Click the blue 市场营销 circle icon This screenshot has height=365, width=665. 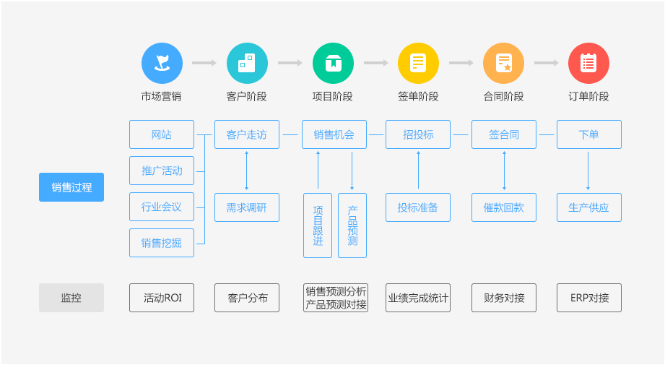pyautogui.click(x=162, y=63)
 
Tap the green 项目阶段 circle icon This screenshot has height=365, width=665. pyautogui.click(x=333, y=63)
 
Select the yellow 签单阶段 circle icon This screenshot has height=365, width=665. pyautogui.click(x=418, y=63)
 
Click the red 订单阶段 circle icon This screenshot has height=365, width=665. pyautogui.click(x=588, y=63)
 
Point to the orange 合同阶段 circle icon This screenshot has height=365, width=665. pyautogui.click(x=503, y=63)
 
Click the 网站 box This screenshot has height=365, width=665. pyautogui.click(x=162, y=134)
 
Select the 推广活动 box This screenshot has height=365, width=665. pyautogui.click(x=162, y=171)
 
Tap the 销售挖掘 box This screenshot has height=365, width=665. pyautogui.click(x=162, y=243)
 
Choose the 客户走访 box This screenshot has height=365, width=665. pyautogui.click(x=247, y=134)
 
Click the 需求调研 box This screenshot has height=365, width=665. pyautogui.click(x=247, y=207)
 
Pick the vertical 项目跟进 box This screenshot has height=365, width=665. pyautogui.click(x=318, y=226)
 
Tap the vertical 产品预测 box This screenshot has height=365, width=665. pyautogui.click(x=352, y=226)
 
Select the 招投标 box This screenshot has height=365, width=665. pyautogui.click(x=418, y=134)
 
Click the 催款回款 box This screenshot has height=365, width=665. pyautogui.click(x=503, y=207)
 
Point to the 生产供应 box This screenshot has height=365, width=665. pyautogui.click(x=588, y=207)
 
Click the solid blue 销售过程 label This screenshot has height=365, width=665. pyautogui.click(x=71, y=187)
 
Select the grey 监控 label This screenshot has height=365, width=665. pyautogui.click(x=71, y=298)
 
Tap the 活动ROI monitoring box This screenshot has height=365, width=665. pyautogui.click(x=162, y=298)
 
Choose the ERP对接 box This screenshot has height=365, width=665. pyautogui.click(x=588, y=298)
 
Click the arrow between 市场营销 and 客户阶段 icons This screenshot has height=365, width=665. pyautogui.click(x=204, y=63)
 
